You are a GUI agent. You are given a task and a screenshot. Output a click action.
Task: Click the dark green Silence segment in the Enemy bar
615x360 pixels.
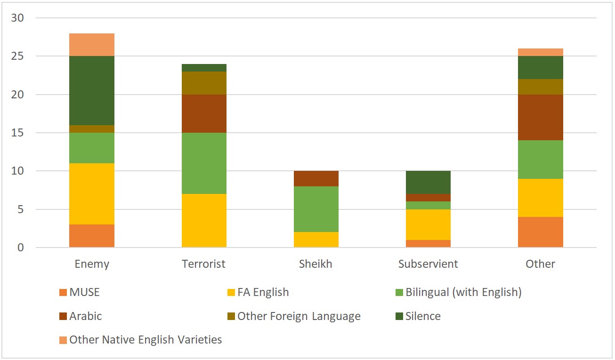coord(92,90)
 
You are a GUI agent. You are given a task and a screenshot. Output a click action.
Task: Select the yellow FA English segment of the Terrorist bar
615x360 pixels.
coord(204,220)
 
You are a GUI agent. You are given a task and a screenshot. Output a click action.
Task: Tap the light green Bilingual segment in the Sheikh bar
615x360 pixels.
coord(316,209)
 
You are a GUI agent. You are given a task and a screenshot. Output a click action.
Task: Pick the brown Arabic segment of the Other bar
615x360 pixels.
coord(540,117)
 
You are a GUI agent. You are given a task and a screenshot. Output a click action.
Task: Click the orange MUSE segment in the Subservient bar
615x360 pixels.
coord(428,243)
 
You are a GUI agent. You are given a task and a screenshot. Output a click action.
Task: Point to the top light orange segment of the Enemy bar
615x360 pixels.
coord(92,45)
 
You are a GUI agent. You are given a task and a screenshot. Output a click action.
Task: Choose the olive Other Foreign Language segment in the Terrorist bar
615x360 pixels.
coord(204,83)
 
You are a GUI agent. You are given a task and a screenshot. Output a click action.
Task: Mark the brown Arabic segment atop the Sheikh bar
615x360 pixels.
coord(316,178)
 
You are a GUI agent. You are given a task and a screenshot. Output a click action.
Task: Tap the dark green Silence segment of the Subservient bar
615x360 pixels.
coord(428,182)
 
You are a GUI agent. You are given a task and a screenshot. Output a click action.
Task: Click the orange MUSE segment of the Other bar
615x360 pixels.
coord(540,232)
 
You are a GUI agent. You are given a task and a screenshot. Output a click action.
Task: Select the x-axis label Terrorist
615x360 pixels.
coord(204,264)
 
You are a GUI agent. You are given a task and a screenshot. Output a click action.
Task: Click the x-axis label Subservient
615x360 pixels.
coord(428,264)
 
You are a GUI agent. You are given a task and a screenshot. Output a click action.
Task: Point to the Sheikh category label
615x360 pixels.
coord(316,264)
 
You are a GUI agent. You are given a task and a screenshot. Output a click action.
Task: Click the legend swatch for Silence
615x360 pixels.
coord(398,316)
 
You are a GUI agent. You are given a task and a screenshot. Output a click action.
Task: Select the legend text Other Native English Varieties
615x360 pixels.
coord(146,340)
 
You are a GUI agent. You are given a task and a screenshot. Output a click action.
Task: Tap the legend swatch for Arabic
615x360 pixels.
coord(63,316)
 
